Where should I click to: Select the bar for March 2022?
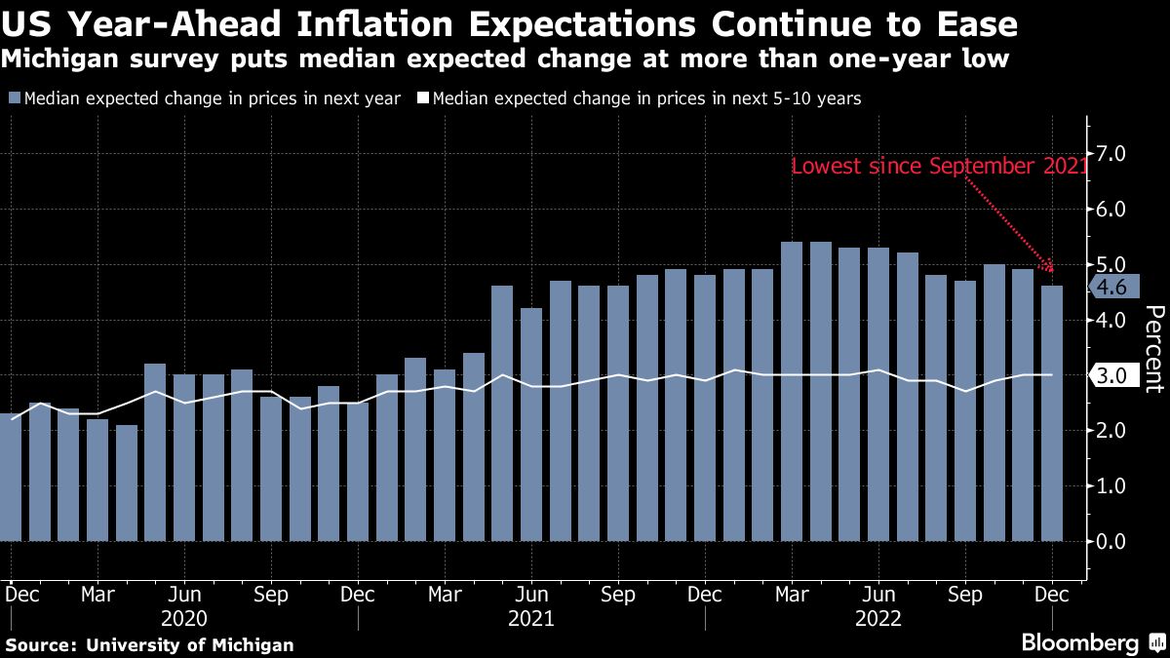[792, 391]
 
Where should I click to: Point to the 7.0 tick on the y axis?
[1111, 154]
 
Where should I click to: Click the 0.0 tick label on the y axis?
[1111, 541]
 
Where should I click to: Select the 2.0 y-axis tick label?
[1111, 431]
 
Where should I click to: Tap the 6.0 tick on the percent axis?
[1111, 210]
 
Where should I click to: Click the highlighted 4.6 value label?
[1111, 287]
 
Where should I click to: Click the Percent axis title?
[1153, 348]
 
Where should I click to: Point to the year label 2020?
[184, 618]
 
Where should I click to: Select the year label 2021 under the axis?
[531, 618]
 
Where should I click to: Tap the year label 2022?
[878, 618]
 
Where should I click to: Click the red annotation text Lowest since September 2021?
[938, 167]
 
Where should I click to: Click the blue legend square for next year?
[15, 98]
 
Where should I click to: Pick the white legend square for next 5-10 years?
[422, 98]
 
